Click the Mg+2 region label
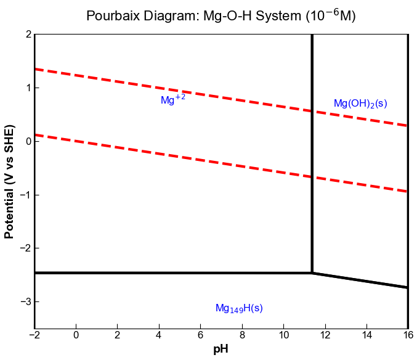(172, 100)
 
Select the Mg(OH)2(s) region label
(360, 104)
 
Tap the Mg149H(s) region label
(239, 308)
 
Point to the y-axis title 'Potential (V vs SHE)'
(9, 181)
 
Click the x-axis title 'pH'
(221, 350)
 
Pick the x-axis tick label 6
(201, 335)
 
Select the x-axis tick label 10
(283, 335)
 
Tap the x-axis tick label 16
(408, 335)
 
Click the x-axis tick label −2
(34, 335)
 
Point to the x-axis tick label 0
(76, 335)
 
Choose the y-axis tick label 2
(28, 35)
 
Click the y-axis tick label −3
(25, 301)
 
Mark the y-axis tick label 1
(28, 88)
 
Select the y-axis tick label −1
(25, 195)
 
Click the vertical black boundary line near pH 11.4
(312, 154)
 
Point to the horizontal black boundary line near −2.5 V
(172, 272)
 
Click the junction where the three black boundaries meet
(312, 272)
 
